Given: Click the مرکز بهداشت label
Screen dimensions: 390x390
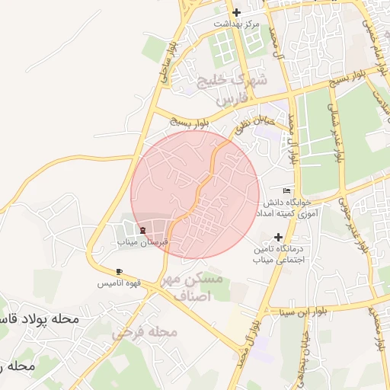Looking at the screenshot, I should tap(236, 24).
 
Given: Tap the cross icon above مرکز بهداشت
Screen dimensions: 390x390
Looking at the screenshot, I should tap(236, 12).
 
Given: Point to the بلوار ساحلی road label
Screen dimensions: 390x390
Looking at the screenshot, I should tap(168, 57).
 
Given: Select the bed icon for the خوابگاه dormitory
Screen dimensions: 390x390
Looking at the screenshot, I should tap(286, 190).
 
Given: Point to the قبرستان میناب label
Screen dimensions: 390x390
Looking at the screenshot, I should tap(142, 241).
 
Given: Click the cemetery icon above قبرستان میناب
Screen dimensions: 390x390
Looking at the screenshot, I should tap(142, 229).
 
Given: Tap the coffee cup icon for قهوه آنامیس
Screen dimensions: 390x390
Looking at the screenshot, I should tap(120, 271).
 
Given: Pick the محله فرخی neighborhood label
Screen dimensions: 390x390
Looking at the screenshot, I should tap(145, 332).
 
